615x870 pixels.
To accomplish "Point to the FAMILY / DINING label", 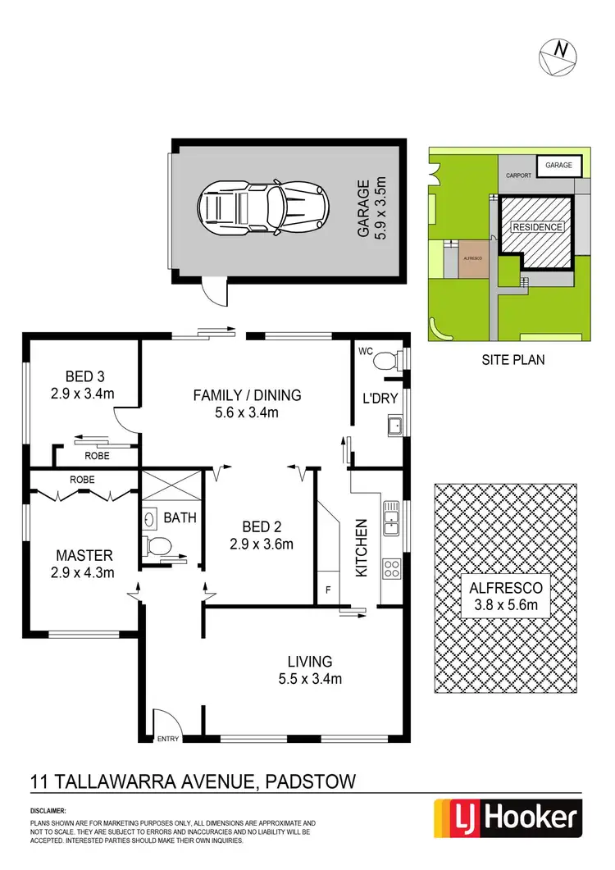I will [247, 403].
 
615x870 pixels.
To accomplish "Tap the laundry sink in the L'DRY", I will [394, 426].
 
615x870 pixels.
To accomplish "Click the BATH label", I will [180, 518].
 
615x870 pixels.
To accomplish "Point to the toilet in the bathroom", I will [159, 544].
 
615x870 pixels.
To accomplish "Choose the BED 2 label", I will [260, 535].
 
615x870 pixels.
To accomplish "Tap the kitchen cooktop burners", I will [391, 567].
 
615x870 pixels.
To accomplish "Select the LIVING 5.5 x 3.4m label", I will [308, 669].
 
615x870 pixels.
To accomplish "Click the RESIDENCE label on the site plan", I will [537, 227].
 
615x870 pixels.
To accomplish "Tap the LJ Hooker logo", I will [507, 818].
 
